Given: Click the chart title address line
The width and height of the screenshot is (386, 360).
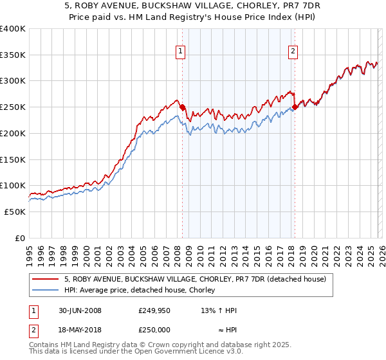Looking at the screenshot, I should coord(192,6).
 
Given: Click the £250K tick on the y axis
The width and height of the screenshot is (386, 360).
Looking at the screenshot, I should coord(13,107).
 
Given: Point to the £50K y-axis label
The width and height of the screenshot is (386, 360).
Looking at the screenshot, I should coord(15,212).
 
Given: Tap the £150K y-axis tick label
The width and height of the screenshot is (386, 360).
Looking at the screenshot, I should coord(13,159).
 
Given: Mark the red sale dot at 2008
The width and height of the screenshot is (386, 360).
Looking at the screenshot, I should coord(182,107).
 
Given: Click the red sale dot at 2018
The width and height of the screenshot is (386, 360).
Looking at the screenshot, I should coord(295,107).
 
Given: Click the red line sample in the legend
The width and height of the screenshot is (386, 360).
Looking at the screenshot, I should coord(46,279).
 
